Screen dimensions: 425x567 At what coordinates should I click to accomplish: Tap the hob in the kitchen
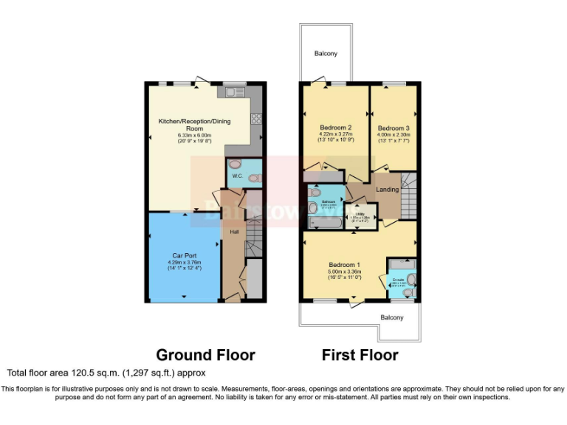click(x=256, y=117)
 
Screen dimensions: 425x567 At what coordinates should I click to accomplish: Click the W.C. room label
click(x=237, y=176)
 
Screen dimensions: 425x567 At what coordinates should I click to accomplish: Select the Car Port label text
click(x=183, y=255)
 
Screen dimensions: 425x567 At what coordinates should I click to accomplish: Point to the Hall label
click(x=234, y=232)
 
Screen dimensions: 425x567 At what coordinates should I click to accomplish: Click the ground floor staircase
click(x=253, y=240)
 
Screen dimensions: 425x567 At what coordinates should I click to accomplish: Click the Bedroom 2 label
click(x=335, y=127)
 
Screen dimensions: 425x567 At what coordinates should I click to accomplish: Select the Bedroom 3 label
click(x=394, y=128)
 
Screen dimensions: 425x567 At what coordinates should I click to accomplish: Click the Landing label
click(x=388, y=190)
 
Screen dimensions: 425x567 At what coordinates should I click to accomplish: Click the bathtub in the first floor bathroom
click(x=322, y=221)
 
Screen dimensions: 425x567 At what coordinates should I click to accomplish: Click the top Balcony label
click(x=326, y=54)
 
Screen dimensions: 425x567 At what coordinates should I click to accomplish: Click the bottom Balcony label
click(x=392, y=318)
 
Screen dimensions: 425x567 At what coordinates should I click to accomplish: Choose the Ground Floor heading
click(x=205, y=355)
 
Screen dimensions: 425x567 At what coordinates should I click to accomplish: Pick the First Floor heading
click(x=360, y=355)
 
